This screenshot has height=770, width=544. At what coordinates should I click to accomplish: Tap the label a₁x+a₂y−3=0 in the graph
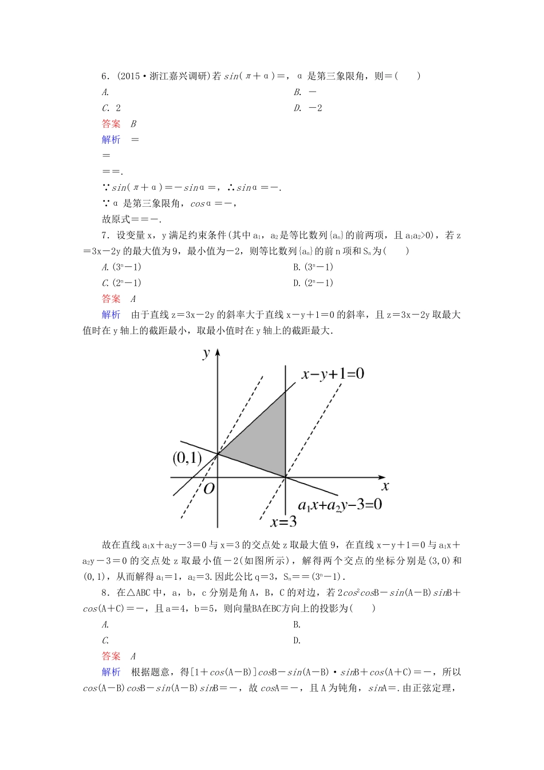click(x=340, y=505)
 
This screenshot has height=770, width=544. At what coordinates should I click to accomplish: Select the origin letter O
click(x=208, y=488)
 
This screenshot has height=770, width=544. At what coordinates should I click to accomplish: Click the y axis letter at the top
click(x=206, y=353)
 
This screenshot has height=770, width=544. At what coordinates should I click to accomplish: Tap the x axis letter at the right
click(x=385, y=486)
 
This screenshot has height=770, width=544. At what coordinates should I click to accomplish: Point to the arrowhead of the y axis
click(x=218, y=352)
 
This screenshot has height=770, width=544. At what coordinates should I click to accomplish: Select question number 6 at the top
click(x=105, y=76)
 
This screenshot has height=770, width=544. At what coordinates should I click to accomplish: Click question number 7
click(x=105, y=235)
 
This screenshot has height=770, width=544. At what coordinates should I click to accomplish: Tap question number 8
click(x=105, y=593)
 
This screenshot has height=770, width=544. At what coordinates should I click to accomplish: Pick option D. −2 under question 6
click(x=308, y=108)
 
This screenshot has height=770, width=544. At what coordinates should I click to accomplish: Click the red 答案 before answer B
click(x=111, y=124)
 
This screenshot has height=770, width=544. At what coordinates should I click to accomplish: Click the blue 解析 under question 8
click(x=111, y=672)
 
